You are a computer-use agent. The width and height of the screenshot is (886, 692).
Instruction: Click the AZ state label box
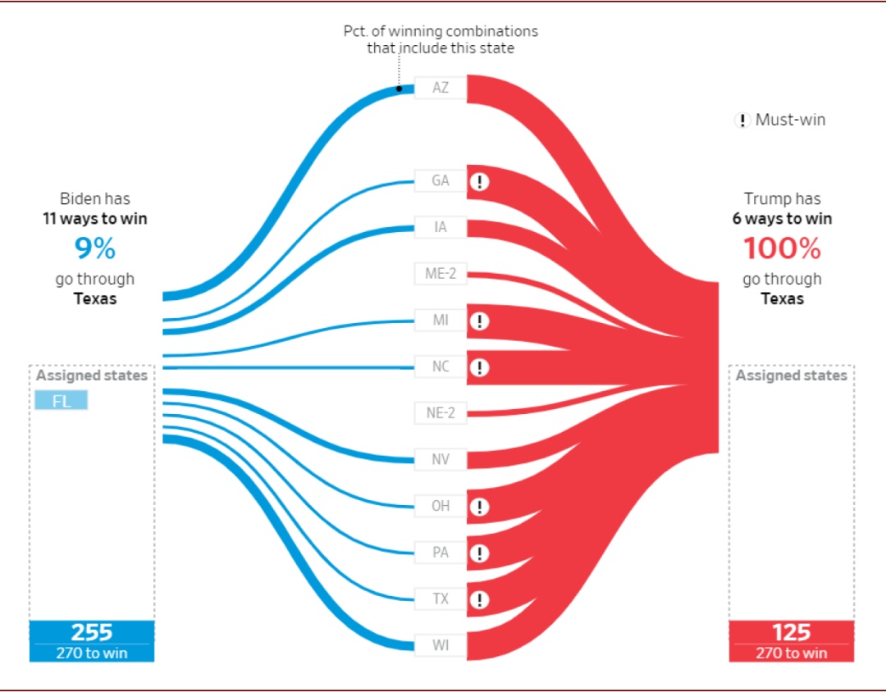click(x=441, y=87)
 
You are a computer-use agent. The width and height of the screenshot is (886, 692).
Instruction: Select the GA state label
click(x=441, y=180)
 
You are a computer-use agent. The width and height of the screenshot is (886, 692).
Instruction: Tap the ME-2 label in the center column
click(x=441, y=274)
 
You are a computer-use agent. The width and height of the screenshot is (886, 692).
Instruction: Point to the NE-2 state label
click(x=441, y=412)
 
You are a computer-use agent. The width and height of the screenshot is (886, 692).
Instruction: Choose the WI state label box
click(x=441, y=644)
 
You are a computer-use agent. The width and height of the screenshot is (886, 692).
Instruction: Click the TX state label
click(x=441, y=599)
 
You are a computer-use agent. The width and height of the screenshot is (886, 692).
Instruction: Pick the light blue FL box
click(x=61, y=401)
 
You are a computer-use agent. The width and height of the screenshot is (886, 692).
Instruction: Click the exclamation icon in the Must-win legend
click(x=742, y=121)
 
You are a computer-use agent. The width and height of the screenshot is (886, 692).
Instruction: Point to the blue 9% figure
click(x=95, y=248)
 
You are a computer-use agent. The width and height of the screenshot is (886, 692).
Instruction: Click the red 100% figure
click(x=782, y=248)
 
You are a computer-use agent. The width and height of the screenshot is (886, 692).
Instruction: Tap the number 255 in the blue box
click(x=91, y=632)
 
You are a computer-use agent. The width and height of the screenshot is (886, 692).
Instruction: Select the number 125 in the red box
click(x=791, y=632)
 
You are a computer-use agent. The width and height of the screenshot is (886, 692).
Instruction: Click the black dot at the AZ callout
click(x=400, y=88)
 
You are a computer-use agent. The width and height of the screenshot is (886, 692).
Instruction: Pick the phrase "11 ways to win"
click(x=95, y=219)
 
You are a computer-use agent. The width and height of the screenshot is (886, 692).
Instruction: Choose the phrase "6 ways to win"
click(x=782, y=219)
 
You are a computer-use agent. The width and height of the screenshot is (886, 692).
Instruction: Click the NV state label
click(x=441, y=459)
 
